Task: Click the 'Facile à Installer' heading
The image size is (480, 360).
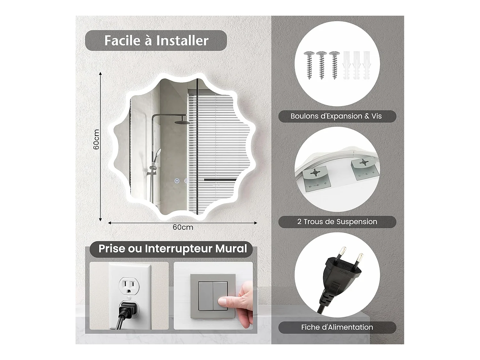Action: coord(156,40)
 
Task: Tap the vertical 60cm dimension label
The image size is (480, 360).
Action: coord(96,139)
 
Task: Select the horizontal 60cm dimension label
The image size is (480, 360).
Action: coord(183,227)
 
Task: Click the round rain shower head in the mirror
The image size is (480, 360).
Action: coord(182,122)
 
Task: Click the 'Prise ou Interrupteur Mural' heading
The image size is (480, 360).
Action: coord(173,249)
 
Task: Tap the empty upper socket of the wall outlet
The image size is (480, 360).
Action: coord(129,286)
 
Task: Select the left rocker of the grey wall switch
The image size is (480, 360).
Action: coord(205,296)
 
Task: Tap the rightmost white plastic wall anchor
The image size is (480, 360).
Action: coord(366,65)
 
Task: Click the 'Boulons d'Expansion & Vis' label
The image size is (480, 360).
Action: coord(336,116)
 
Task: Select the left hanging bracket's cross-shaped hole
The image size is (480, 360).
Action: coord(315,172)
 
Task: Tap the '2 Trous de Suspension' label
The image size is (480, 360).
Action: coord(337,222)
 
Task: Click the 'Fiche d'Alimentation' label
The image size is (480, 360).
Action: coord(337,327)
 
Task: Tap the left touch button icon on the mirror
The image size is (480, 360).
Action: coord(177,181)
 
